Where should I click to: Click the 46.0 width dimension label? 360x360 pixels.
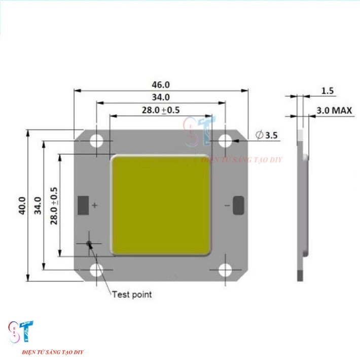point(161,85)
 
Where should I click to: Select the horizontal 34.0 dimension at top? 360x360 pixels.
point(161,97)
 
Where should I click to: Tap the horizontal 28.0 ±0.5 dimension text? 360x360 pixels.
point(161,110)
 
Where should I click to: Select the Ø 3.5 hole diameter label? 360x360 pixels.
point(267,135)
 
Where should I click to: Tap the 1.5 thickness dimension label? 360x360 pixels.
point(328,91)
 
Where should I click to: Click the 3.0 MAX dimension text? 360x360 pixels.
point(334,110)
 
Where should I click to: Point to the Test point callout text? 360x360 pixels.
point(131,294)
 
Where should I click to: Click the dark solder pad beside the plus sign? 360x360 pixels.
point(83,205)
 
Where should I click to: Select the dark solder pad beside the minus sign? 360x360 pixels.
point(239,205)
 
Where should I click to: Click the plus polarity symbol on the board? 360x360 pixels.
point(94,205)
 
